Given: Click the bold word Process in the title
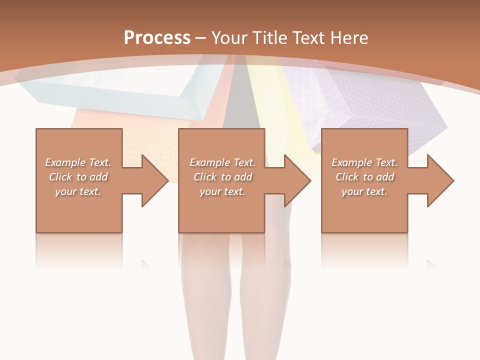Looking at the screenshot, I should click(157, 38).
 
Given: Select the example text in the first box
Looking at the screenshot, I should click(78, 177).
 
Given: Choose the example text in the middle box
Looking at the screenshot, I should click(222, 177).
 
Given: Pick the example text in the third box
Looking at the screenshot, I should click(364, 177).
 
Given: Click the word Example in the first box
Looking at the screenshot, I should click(65, 162).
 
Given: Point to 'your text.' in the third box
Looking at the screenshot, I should click(364, 191).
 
